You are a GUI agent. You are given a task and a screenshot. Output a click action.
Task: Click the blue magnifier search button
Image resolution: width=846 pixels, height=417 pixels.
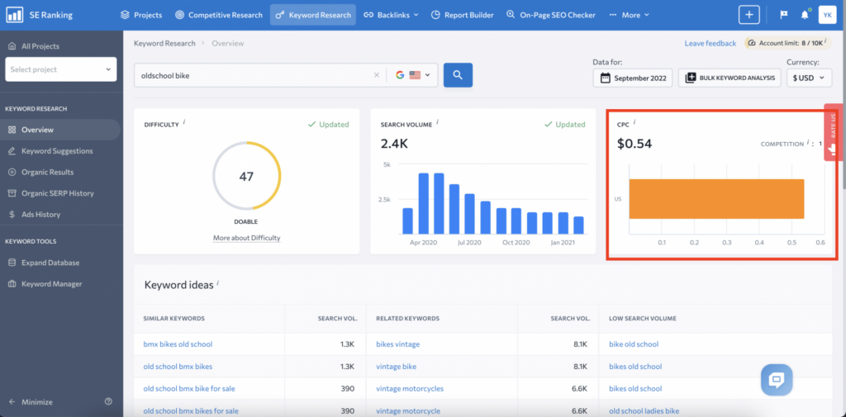point(458,75)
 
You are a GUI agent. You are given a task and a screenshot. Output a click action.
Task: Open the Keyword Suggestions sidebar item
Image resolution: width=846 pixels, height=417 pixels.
point(57,151)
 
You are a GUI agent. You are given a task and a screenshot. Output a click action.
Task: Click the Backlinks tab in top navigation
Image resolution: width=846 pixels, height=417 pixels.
point(392,15)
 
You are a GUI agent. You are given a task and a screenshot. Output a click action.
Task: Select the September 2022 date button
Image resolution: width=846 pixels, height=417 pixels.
point(632,78)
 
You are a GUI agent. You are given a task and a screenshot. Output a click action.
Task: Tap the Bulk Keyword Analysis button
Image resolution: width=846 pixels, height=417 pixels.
point(730,78)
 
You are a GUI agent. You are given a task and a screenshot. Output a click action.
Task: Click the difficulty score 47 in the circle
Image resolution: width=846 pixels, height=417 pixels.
point(246,177)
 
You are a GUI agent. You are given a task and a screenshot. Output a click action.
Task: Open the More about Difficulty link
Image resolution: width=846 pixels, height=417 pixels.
point(246,238)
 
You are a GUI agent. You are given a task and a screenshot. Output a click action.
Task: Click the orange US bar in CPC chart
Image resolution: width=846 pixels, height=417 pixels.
point(716,199)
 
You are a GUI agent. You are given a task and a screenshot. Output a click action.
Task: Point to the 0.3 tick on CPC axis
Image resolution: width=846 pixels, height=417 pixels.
point(726,243)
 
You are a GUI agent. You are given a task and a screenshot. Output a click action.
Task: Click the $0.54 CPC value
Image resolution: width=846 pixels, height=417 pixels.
point(634,144)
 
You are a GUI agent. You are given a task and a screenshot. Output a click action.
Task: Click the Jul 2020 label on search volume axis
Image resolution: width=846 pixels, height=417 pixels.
point(469,243)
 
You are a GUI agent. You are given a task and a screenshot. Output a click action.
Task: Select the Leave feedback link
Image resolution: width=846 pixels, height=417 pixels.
point(710,43)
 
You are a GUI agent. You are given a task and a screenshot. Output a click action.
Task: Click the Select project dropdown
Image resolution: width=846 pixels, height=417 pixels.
point(62,69)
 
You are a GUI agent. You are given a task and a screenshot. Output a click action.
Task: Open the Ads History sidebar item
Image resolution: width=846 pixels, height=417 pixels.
point(40,215)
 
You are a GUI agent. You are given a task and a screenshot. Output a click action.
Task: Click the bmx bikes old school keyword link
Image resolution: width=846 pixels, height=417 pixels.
point(178,344)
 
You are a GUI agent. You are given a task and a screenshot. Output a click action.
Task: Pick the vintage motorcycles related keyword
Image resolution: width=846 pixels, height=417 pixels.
point(409,388)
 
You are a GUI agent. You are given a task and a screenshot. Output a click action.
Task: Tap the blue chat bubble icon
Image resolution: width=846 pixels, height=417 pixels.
point(777,380)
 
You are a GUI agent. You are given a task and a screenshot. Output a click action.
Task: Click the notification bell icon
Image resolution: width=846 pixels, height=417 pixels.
point(805,15)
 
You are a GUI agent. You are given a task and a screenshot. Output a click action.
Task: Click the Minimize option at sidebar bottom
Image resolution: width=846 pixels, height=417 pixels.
point(37,402)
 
